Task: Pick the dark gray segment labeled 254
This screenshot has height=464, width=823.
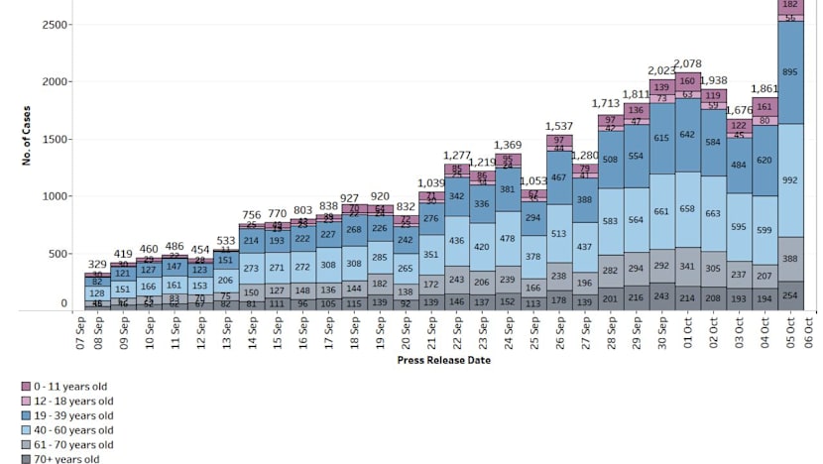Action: [x=790, y=295]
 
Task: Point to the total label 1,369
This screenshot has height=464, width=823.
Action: [x=507, y=145]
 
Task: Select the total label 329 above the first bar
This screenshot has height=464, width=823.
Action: [x=97, y=264]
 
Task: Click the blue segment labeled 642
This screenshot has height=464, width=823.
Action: [x=686, y=135]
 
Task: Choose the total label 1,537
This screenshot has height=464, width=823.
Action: [x=558, y=126]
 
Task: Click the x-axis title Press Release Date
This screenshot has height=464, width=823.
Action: [x=443, y=360]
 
